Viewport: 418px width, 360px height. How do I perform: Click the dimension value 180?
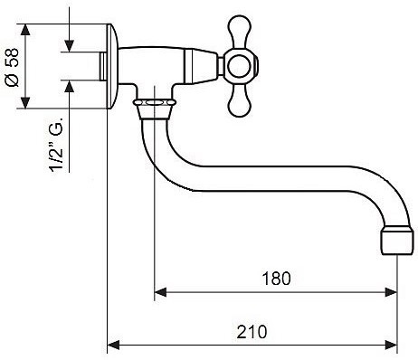click(x=276, y=279)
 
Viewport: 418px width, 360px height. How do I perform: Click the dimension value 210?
click(x=252, y=332)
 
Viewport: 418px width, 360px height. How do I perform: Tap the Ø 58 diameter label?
click(x=13, y=67)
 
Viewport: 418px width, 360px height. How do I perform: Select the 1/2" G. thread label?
click(x=57, y=145)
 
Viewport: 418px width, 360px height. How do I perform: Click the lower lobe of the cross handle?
click(x=240, y=100)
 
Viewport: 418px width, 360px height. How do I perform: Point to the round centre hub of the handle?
click(x=240, y=67)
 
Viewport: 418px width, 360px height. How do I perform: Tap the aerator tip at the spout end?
click(x=397, y=242)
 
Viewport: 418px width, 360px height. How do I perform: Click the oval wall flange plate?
click(x=112, y=66)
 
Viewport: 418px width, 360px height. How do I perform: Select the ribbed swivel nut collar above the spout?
click(x=154, y=103)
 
